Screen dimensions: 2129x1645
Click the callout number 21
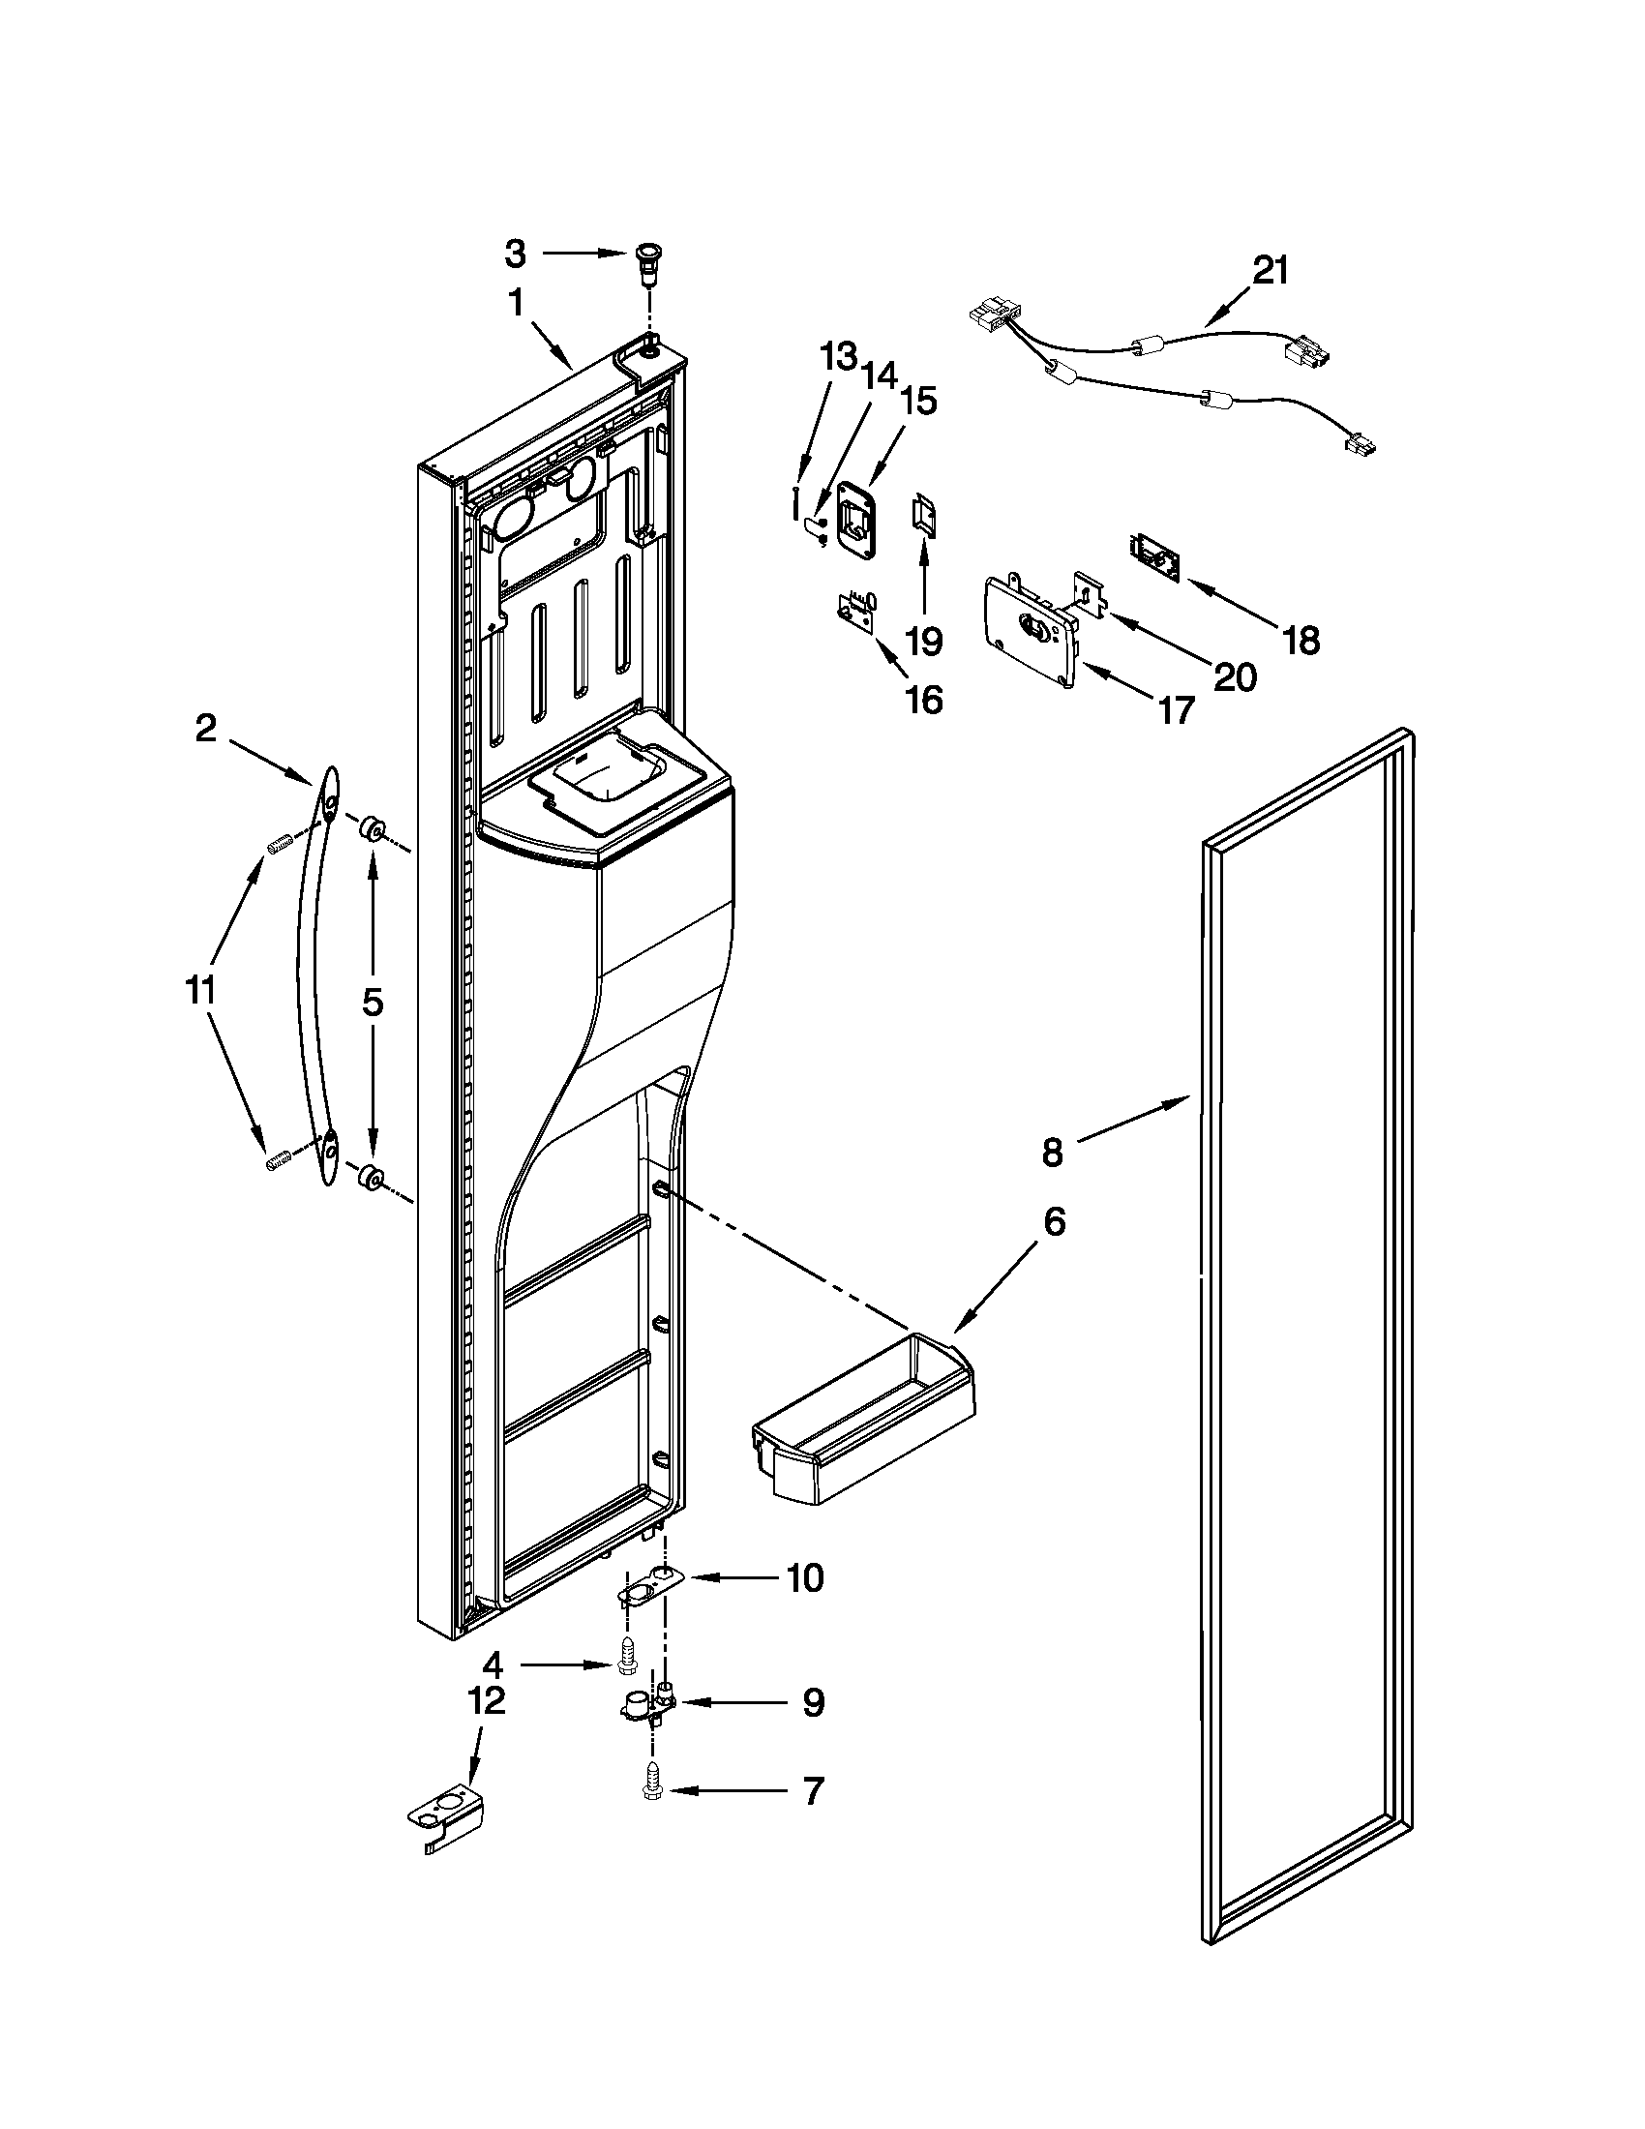1270,270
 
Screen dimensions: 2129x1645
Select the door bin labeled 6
862,1426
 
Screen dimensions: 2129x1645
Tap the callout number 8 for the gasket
1052,1153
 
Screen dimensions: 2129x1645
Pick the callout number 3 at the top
515,255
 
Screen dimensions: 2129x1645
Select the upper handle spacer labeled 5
372,830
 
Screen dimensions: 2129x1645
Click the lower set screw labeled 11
280,1160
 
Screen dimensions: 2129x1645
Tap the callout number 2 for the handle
204,728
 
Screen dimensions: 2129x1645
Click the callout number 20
1234,676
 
